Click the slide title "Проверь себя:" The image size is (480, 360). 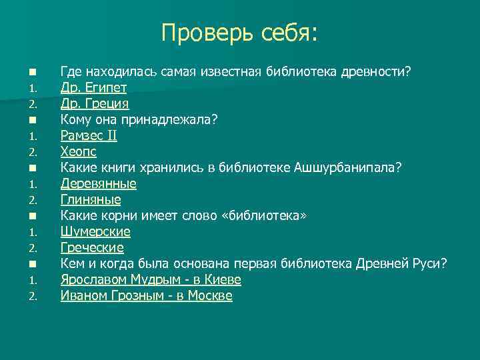click(240, 33)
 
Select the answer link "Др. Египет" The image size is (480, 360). click(93, 88)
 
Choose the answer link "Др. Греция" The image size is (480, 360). click(95, 104)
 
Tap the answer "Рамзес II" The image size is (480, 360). click(89, 136)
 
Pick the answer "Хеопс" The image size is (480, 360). click(78, 152)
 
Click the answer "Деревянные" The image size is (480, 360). click(98, 184)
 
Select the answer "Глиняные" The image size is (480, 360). click(91, 200)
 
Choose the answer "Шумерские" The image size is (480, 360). click(95, 232)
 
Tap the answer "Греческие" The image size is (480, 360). click(92, 248)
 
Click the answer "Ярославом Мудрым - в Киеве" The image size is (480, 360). click(151, 280)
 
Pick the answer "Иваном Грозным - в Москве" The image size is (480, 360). click(146, 296)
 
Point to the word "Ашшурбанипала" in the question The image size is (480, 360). click(347, 168)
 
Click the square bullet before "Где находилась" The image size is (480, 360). click(31, 72)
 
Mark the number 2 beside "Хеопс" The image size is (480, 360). click(31, 153)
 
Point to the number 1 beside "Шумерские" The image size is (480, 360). click(31, 233)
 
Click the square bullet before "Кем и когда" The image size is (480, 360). click(31, 264)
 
